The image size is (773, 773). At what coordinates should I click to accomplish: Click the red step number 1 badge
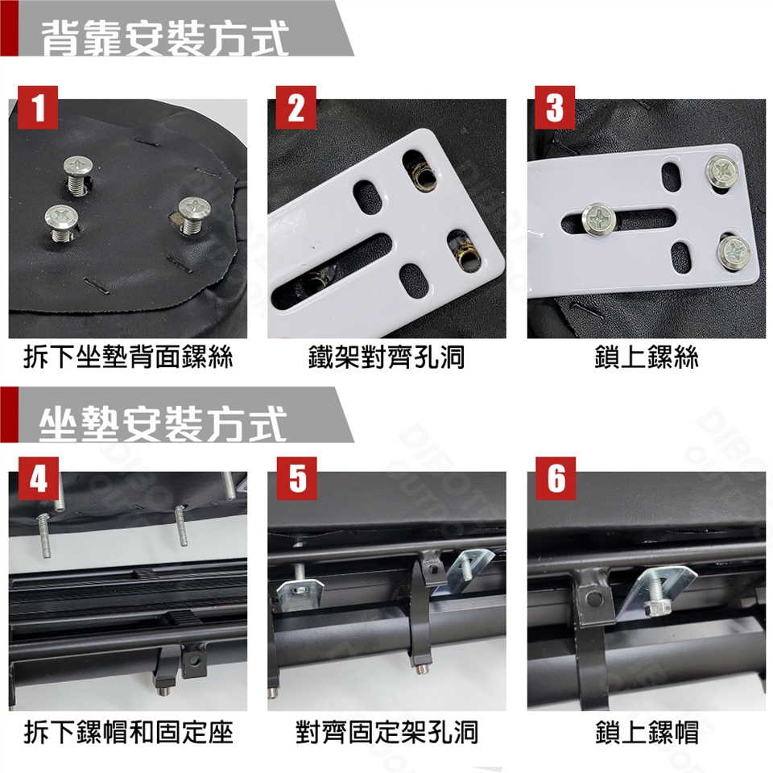pyautogui.click(x=38, y=107)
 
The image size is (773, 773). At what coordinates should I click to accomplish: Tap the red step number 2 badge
pyautogui.click(x=296, y=107)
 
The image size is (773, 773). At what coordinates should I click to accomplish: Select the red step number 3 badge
pyautogui.click(x=555, y=107)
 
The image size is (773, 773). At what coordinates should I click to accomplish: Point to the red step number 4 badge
pyautogui.click(x=39, y=478)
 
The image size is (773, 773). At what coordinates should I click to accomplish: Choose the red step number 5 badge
pyautogui.click(x=297, y=478)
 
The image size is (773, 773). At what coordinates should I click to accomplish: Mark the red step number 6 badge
pyautogui.click(x=556, y=478)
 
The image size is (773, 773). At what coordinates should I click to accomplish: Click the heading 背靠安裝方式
pyautogui.click(x=164, y=39)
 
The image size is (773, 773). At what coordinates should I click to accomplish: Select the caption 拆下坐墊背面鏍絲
pyautogui.click(x=128, y=357)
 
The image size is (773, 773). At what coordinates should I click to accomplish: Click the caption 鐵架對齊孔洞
pyautogui.click(x=386, y=357)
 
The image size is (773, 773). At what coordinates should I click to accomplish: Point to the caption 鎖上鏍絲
pyautogui.click(x=647, y=357)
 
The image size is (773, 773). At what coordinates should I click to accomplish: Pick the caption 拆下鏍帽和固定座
pyautogui.click(x=128, y=732)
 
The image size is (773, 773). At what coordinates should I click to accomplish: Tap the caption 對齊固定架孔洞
pyautogui.click(x=386, y=732)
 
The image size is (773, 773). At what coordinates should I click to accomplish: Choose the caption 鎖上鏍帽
pyautogui.click(x=647, y=732)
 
